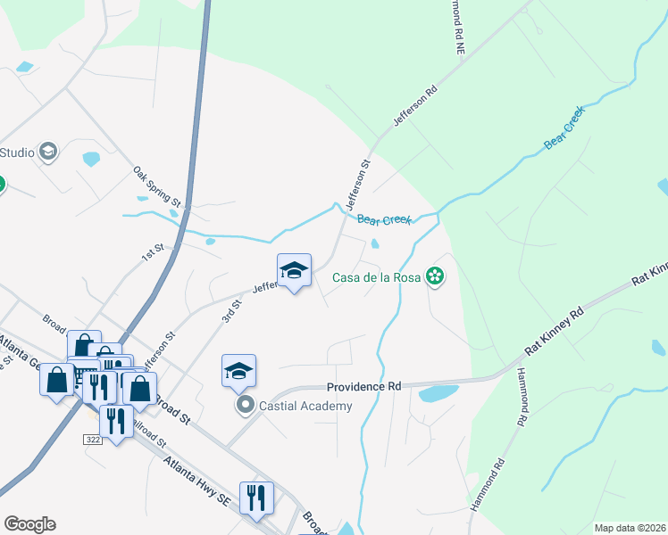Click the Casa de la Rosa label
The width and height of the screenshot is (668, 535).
(376, 277)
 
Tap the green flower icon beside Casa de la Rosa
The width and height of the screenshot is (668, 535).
(435, 277)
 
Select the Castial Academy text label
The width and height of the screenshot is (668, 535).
(305, 406)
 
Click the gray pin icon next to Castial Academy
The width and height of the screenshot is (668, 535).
(245, 406)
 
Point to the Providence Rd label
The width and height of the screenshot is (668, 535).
(363, 387)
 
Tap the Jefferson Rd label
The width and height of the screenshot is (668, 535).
(414, 105)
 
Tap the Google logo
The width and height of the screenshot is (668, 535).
(29, 524)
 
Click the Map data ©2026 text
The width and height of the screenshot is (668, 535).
(630, 528)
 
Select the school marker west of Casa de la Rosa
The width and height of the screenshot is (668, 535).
(294, 271)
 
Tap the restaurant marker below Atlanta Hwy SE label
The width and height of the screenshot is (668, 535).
(256, 498)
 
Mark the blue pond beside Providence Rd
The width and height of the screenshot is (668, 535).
(438, 393)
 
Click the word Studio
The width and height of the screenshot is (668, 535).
(17, 152)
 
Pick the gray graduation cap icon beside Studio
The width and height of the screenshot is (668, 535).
(48, 152)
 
